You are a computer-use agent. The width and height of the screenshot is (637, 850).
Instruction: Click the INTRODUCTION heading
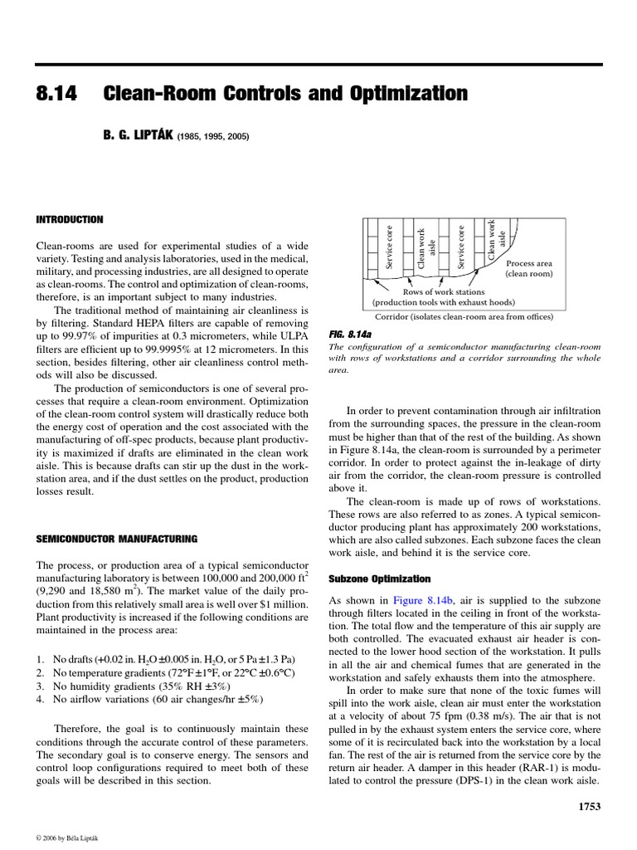pyautogui.click(x=70, y=220)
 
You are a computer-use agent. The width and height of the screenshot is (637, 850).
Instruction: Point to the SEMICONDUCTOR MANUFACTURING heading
pyautogui.click(x=116, y=539)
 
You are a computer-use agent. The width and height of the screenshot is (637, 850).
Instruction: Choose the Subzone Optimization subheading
pyautogui.click(x=379, y=578)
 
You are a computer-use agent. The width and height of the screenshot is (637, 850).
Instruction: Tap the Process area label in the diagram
pyautogui.click(x=528, y=263)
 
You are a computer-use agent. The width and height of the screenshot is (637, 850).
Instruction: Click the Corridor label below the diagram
pyautogui.click(x=452, y=316)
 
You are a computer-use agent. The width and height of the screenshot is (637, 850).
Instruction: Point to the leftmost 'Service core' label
pyautogui.click(x=389, y=247)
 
